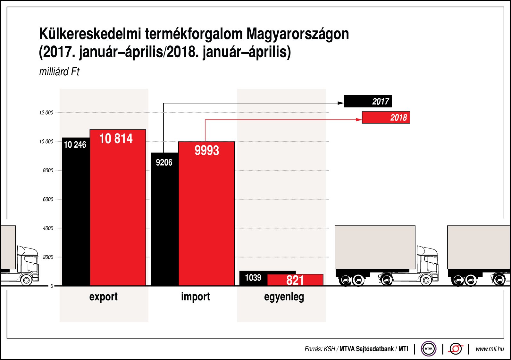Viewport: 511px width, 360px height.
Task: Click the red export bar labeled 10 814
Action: coord(118,208)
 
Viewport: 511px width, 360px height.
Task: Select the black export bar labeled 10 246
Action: coord(76,218)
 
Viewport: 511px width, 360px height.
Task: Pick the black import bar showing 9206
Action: coord(164,224)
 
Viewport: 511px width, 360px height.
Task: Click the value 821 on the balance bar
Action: coord(295,280)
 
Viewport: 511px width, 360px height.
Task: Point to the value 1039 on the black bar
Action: coord(253,277)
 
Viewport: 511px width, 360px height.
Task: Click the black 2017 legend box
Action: coord(367,102)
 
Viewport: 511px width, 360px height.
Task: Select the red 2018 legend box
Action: coord(386,118)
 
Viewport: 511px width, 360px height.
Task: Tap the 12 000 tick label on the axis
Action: coord(46,113)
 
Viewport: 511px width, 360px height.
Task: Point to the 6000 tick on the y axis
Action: coord(48,199)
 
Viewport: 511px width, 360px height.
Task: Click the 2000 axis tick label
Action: coord(48,257)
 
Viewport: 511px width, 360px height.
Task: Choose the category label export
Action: coord(103,297)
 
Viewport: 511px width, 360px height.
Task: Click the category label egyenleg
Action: coord(284,297)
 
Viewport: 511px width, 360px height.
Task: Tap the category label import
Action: coord(195,297)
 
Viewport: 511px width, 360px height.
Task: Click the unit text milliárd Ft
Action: coord(59,71)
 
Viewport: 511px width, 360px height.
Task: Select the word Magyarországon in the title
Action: coord(298,34)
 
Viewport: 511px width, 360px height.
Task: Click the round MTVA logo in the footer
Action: coord(428,349)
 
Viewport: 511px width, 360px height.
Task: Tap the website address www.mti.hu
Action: coord(490,349)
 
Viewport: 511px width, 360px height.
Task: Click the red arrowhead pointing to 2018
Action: coord(359,120)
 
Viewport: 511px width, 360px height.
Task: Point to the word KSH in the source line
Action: coord(329,349)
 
